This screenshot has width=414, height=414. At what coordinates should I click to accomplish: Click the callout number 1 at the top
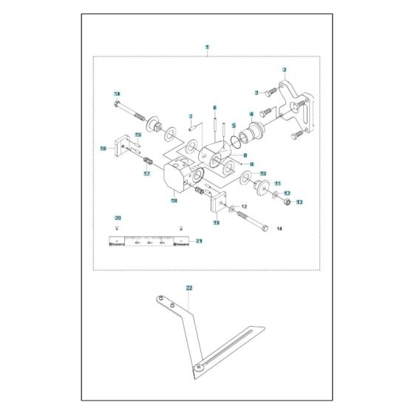[x=207, y=47]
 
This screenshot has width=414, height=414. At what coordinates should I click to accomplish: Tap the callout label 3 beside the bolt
[x=256, y=92]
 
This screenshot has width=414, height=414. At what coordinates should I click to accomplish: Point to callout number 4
[x=251, y=114]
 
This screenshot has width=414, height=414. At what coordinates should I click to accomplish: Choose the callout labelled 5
[x=233, y=126]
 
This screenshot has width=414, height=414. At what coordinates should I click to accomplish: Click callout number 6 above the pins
[x=214, y=107]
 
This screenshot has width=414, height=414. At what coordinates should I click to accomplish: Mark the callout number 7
[x=190, y=116]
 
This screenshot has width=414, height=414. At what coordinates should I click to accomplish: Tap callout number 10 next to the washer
[x=262, y=174]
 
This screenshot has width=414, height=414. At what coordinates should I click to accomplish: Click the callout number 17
[x=146, y=174]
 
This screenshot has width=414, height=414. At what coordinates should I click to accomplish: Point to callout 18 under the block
[x=174, y=200]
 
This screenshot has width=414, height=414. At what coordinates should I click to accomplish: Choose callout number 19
[x=216, y=222]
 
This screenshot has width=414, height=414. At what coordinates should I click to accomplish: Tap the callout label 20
[x=116, y=217]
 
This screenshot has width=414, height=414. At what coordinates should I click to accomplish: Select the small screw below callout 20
[x=116, y=228]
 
